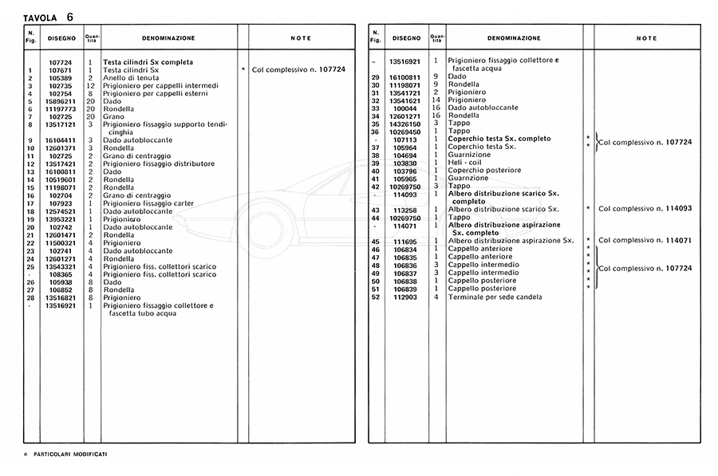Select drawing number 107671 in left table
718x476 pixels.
click(x=61, y=70)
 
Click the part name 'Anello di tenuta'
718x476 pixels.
click(x=131, y=78)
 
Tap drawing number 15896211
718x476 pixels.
click(x=61, y=101)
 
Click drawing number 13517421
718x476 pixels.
click(x=61, y=163)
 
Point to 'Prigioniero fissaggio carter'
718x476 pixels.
click(x=148, y=203)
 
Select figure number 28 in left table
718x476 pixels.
click(x=30, y=297)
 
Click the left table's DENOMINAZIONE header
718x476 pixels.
click(x=168, y=38)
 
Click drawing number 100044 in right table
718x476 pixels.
click(x=405, y=108)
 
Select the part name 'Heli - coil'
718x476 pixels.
click(x=464, y=163)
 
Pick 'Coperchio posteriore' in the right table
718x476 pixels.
click(x=484, y=171)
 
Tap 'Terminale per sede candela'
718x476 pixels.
click(x=495, y=297)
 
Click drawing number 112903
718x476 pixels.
click(x=404, y=297)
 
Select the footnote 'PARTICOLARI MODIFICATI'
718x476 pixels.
click(x=70, y=454)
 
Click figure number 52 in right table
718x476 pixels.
click(x=375, y=297)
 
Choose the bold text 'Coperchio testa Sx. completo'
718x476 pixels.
click(x=499, y=139)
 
